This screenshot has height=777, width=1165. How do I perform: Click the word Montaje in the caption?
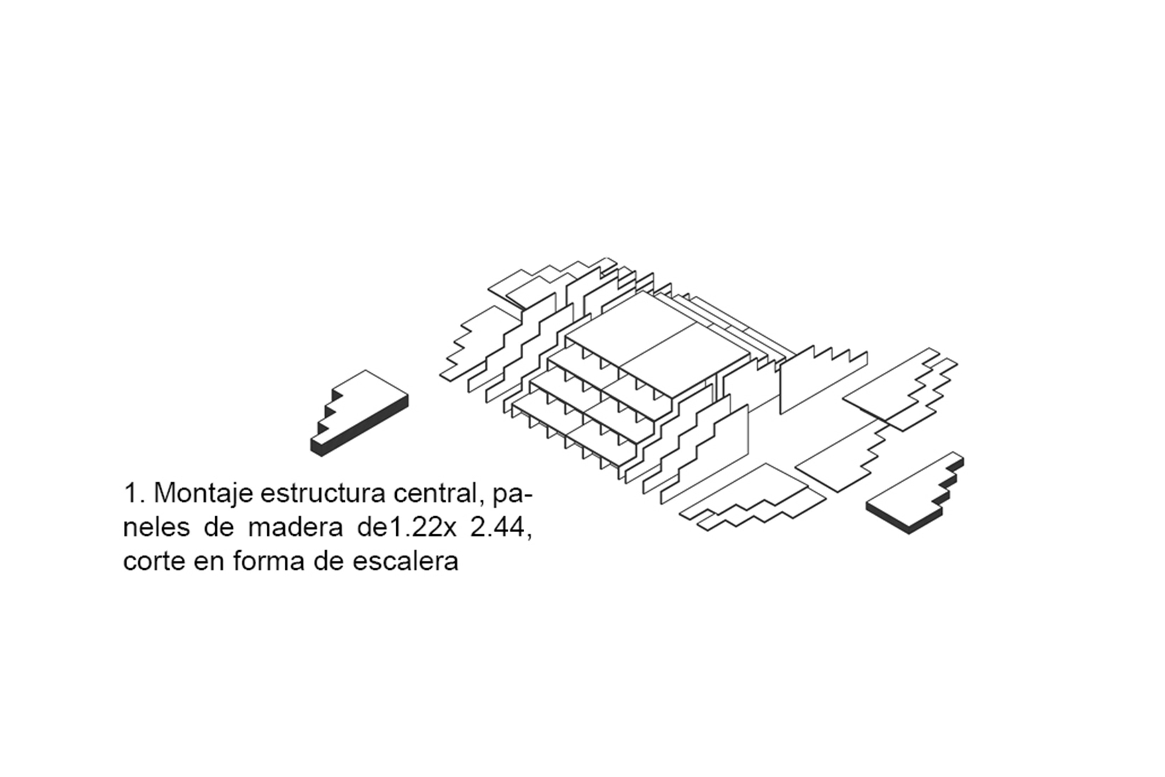(204, 494)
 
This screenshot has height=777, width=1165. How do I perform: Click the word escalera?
(405, 562)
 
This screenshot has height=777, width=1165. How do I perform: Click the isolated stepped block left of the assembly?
(359, 412)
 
